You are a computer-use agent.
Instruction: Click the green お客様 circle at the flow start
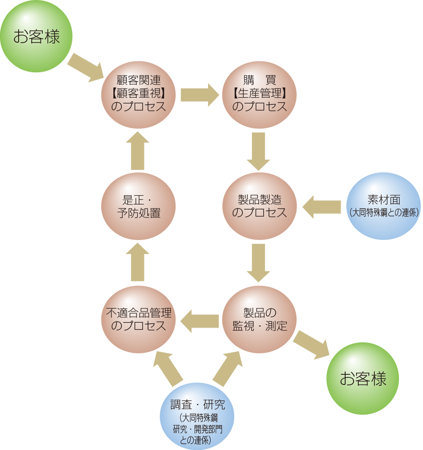[x=36, y=36]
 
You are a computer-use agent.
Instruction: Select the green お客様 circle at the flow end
[x=363, y=378]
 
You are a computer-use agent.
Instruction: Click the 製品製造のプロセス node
[x=259, y=206]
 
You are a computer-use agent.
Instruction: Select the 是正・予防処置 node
[x=138, y=206]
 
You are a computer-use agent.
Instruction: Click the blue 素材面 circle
[x=384, y=206]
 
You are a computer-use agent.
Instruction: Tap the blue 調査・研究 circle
[x=197, y=416]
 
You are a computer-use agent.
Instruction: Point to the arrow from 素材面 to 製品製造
[x=321, y=207]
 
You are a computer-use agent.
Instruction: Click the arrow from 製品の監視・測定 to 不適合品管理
[x=200, y=320]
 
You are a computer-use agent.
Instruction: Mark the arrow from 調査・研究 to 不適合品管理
[x=168, y=368]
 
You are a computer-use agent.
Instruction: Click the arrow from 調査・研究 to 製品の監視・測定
[x=228, y=368]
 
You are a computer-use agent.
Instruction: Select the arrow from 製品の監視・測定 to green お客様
[x=311, y=345]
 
